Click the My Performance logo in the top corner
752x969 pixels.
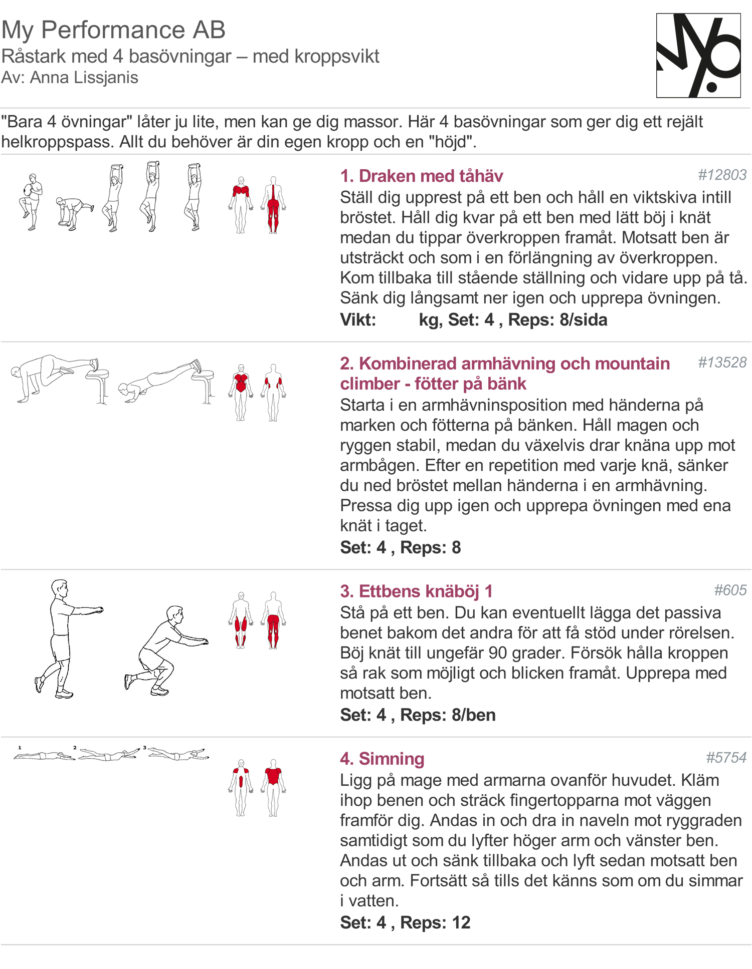(x=698, y=56)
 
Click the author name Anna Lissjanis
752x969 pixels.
(x=84, y=78)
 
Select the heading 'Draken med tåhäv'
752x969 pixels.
(x=431, y=176)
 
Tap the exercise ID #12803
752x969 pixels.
(x=722, y=175)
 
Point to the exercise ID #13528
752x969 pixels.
(x=722, y=362)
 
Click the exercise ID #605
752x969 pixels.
(x=730, y=590)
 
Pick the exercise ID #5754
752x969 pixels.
(x=726, y=757)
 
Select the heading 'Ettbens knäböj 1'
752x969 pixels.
(x=426, y=591)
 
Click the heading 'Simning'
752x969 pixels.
(x=392, y=758)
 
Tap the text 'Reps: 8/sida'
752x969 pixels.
(x=557, y=319)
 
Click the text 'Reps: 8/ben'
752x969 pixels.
(x=448, y=715)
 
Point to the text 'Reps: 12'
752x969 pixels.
(x=435, y=922)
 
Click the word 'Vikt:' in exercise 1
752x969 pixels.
(x=358, y=319)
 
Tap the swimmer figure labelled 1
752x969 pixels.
(x=44, y=755)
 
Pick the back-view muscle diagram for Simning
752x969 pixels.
(x=273, y=788)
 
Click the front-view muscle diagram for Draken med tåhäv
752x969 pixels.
(x=241, y=205)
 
